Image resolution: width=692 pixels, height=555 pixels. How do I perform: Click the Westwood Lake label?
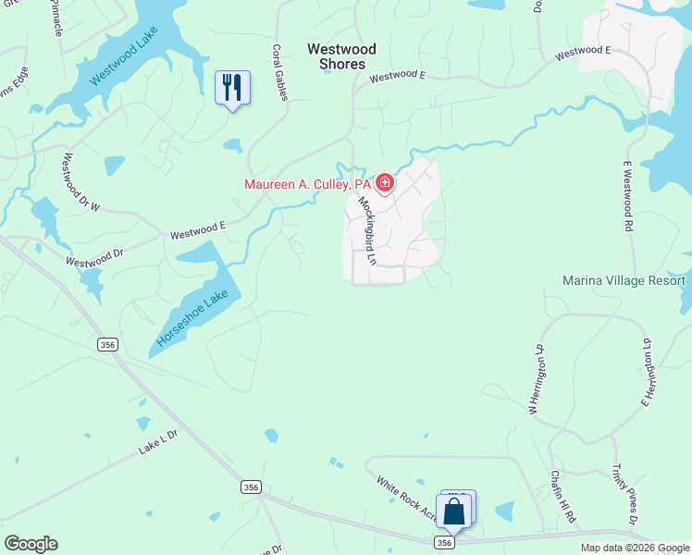coord(127,63)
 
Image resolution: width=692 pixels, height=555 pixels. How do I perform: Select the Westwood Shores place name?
coord(341,56)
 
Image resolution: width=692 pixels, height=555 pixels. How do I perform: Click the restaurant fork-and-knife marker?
coord(232,88)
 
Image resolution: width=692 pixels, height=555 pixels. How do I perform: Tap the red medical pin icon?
coord(384,183)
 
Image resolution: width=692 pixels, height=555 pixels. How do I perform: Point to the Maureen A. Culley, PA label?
coord(307,184)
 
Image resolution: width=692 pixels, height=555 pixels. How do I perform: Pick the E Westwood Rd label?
coord(627,195)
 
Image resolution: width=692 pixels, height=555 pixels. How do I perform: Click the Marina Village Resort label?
coord(624,280)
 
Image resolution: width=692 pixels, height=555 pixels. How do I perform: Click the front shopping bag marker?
coord(454,512)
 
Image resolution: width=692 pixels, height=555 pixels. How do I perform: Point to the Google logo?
coord(31,544)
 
